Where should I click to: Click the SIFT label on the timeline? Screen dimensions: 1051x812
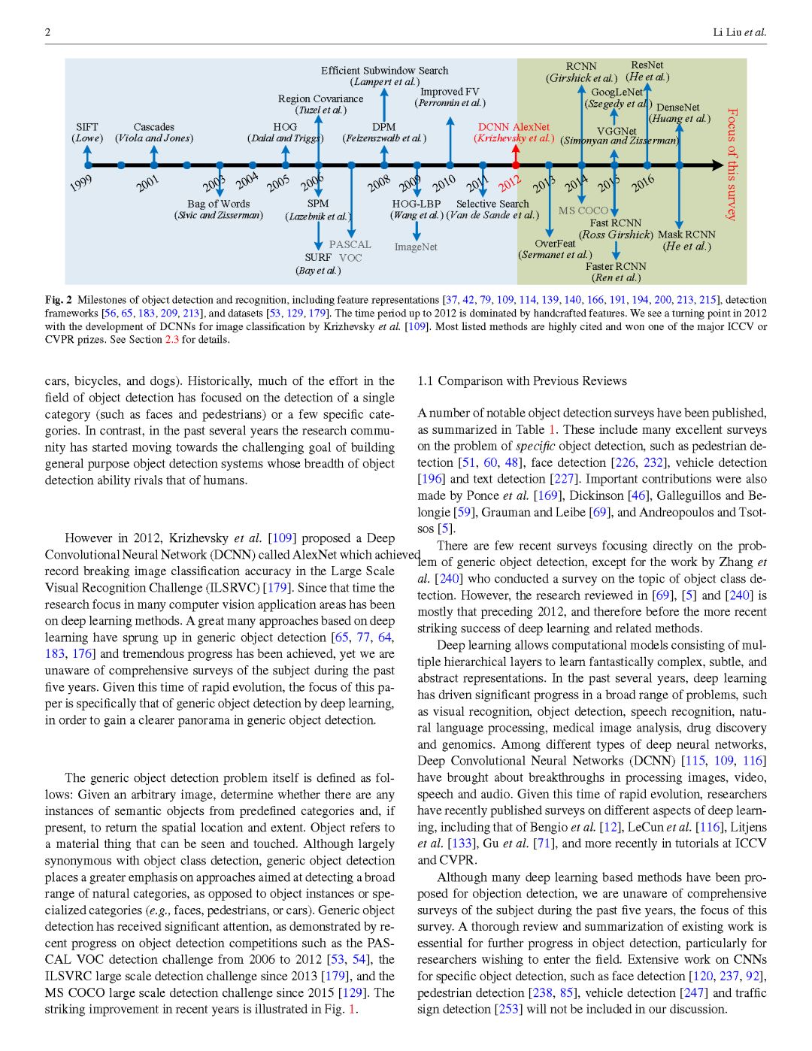point(87,127)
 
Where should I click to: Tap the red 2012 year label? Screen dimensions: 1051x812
point(509,183)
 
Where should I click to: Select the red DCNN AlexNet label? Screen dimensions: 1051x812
point(514,127)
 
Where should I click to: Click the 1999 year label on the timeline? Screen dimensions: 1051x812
point(81,183)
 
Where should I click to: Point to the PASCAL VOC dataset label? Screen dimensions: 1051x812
point(350,250)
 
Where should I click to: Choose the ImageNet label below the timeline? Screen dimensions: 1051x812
point(415,247)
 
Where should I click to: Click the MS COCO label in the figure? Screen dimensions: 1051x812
point(583,211)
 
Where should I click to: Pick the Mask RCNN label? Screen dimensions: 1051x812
point(686,235)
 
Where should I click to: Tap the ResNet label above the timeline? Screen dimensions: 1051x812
point(647,65)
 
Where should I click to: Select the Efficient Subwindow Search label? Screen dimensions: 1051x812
point(384,71)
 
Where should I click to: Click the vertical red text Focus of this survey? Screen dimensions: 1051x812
point(732,164)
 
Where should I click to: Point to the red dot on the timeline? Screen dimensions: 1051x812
point(516,165)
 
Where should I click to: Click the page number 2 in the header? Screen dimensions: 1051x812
point(48,32)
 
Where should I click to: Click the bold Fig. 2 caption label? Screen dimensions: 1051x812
point(59,300)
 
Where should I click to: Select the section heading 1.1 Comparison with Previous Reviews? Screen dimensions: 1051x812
point(522,381)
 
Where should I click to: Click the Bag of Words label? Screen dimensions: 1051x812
point(218,204)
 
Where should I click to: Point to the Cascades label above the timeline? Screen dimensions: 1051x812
point(153,127)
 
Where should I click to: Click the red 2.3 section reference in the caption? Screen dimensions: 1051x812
point(172,340)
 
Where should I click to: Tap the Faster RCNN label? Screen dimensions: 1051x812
point(616,266)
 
